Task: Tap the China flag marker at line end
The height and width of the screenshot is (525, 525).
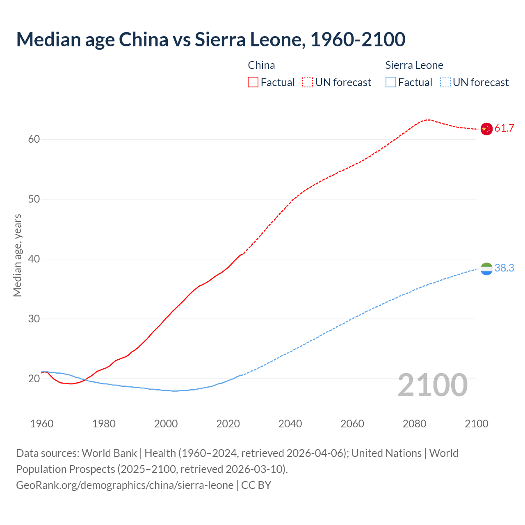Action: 486,129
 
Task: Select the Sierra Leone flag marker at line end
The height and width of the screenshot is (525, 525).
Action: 486,269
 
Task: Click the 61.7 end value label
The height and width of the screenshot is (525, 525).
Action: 504,128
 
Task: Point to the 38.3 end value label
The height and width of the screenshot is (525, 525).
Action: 504,268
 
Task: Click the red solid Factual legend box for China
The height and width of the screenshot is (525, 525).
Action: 253,82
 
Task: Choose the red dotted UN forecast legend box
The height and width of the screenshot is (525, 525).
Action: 308,82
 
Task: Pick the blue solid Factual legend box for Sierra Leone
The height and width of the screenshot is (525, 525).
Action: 391,82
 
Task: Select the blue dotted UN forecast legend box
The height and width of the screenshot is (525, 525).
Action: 445,82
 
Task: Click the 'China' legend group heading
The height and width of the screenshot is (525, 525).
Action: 261,65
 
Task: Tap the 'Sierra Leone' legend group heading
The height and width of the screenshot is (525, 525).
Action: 414,65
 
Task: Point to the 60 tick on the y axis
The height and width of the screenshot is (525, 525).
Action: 34,139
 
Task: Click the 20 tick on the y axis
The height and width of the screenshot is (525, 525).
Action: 34,379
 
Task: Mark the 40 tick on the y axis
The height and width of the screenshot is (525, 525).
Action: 34,259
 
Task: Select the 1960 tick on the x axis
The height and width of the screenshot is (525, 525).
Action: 42,424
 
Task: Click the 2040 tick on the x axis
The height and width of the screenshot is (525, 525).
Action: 290,424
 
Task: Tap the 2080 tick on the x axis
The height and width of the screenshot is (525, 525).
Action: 414,424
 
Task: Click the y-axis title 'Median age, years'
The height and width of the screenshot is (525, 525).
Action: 17,255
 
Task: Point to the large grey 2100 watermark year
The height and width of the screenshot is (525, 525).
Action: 432,385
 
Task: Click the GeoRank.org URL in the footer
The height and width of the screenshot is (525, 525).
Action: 125,485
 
